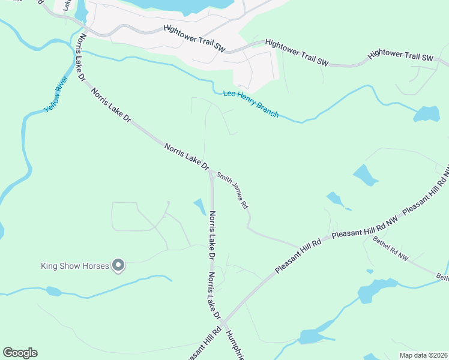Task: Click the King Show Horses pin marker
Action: pos(118,265)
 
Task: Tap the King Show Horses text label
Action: pos(74,266)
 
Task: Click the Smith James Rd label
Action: pos(233,188)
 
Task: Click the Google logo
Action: pos(20,353)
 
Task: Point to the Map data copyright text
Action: pos(423,355)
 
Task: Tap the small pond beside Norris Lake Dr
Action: pos(199,206)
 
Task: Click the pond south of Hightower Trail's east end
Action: pos(427,113)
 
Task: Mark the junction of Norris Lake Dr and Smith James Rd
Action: pos(211,172)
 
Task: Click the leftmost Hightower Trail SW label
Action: pos(194,38)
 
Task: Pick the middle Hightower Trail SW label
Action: pos(297,53)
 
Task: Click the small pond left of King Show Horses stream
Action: pos(54,292)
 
